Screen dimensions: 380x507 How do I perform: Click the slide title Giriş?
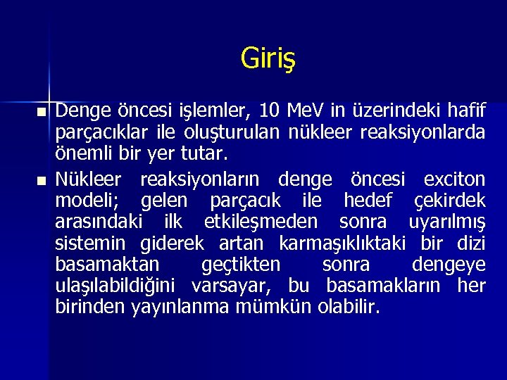click(x=268, y=58)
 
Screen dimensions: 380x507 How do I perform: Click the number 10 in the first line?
click(x=270, y=110)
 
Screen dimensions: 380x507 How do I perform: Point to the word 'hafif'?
click(x=466, y=110)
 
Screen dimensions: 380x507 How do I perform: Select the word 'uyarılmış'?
click(x=446, y=222)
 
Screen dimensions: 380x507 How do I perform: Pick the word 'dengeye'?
click(x=449, y=265)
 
